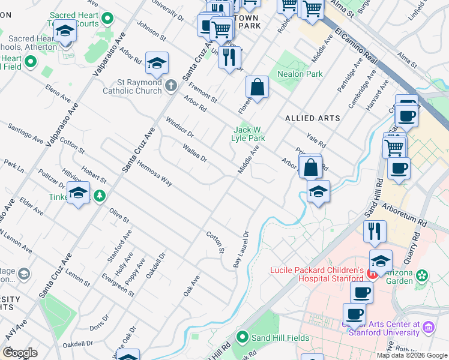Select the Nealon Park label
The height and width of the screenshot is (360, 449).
(300, 74)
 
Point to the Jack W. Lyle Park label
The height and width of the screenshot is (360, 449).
(249, 134)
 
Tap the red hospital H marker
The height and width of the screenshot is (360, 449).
(372, 274)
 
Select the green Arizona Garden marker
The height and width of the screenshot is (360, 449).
(423, 275)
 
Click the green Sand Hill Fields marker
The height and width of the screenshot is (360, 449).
(243, 337)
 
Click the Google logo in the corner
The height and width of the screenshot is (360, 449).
(20, 353)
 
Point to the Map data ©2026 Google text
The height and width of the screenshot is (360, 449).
(411, 355)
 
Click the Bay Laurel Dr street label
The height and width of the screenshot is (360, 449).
(241, 250)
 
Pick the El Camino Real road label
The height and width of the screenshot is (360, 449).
(357, 46)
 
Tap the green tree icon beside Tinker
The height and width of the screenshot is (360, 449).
(99, 196)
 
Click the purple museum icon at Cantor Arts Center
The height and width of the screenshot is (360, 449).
(428, 328)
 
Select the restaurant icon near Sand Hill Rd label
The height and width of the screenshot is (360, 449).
(375, 230)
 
